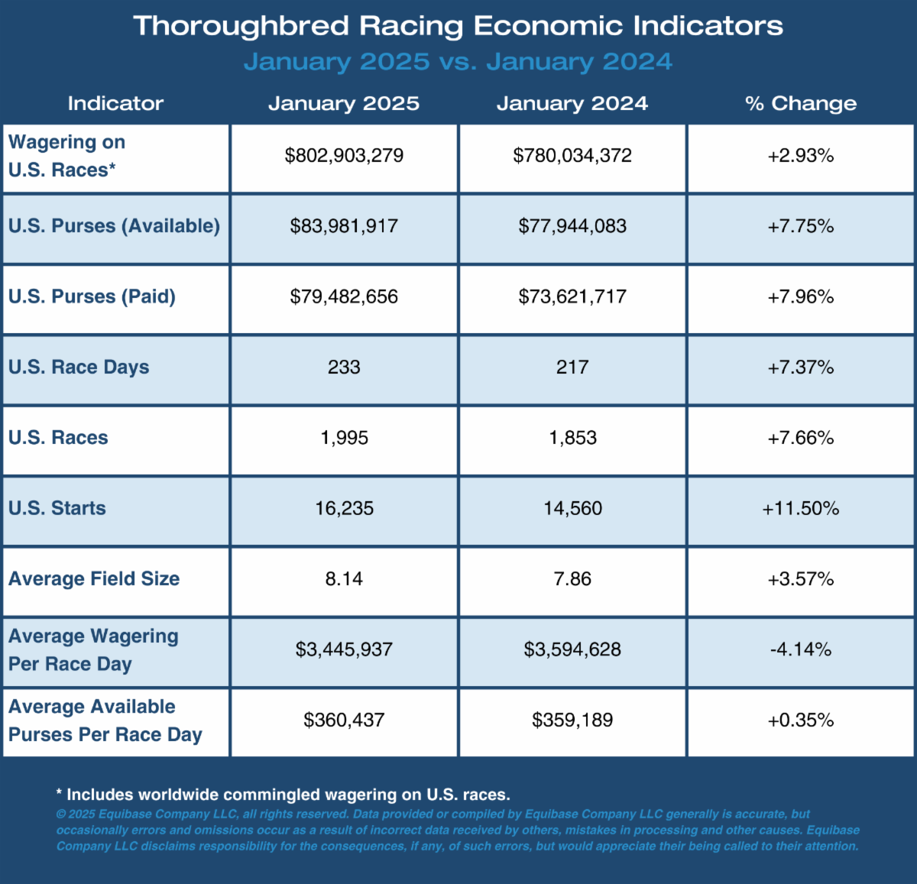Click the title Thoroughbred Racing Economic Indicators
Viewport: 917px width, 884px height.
[x=458, y=26]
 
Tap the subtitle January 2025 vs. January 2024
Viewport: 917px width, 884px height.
[x=458, y=62]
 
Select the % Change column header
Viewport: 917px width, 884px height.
[x=801, y=103]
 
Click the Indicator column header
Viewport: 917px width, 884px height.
[x=115, y=103]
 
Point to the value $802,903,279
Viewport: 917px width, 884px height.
[x=344, y=156]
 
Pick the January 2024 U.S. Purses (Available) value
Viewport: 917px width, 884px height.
[x=572, y=226]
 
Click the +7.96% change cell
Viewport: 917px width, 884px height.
[x=801, y=297]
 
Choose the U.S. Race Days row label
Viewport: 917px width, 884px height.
[x=79, y=367]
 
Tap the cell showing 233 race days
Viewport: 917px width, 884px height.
[x=344, y=367]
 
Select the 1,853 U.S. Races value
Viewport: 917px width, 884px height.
[x=572, y=438]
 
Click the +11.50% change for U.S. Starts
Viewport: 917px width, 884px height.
[x=801, y=508]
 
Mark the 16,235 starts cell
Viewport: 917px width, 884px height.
[x=344, y=508]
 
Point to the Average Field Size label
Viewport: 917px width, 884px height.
[x=94, y=578]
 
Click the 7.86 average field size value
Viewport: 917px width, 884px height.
[x=572, y=578]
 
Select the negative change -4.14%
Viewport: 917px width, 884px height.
[x=801, y=649]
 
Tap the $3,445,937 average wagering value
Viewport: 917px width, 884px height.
[x=344, y=649]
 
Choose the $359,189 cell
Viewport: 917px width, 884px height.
[x=572, y=720]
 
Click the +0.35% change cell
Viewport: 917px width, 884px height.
[x=801, y=720]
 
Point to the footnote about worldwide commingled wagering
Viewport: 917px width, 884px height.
[x=284, y=795]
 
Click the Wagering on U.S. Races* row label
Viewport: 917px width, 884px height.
[x=67, y=156]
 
